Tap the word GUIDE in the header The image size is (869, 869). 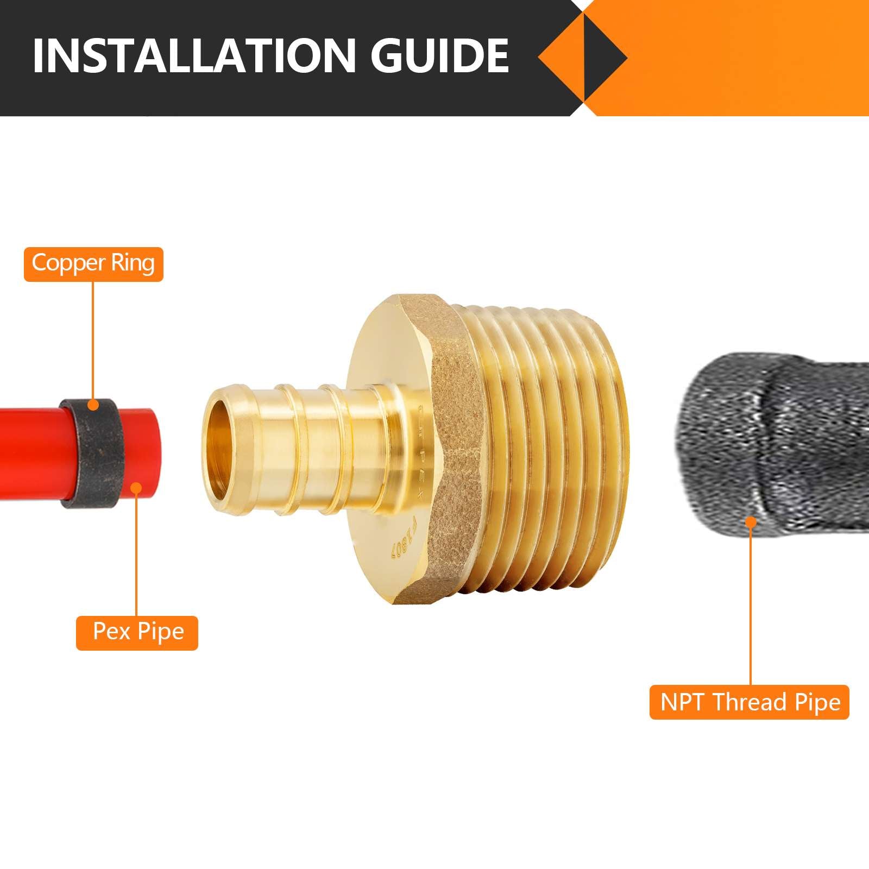pyautogui.click(x=440, y=55)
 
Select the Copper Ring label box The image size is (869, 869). pyautogui.click(x=93, y=264)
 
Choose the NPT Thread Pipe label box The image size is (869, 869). pyautogui.click(x=749, y=702)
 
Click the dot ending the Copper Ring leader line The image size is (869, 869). pyautogui.click(x=93, y=405)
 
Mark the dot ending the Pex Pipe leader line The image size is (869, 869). pyautogui.click(x=136, y=488)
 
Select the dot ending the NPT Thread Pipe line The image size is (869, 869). pyautogui.click(x=751, y=522)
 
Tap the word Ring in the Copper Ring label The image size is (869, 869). pyautogui.click(x=133, y=263)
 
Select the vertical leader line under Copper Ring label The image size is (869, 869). pyautogui.click(x=93, y=342)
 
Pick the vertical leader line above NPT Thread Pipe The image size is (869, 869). pyautogui.click(x=751, y=603)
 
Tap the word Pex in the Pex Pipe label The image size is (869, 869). pyautogui.click(x=111, y=632)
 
